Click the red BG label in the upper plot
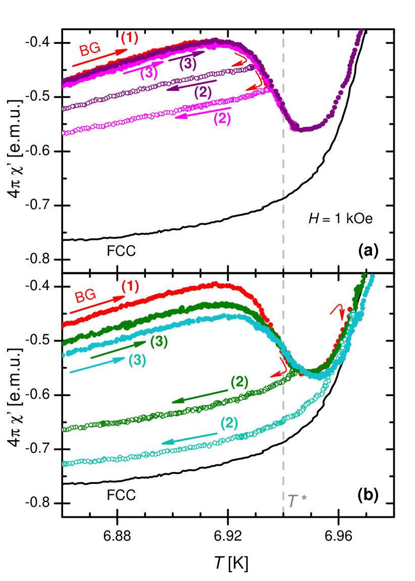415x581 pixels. point(90,49)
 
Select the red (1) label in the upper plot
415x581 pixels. point(129,37)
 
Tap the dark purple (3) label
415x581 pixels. point(188,64)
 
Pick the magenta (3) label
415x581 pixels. point(149,73)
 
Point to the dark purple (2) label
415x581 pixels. point(203,92)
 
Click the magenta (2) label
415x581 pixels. point(222,119)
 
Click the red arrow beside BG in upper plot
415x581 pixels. point(99,59)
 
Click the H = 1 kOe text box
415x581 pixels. point(340,218)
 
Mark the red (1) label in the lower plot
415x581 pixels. point(130,286)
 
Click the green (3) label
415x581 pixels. point(159,342)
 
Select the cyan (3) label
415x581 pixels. point(137,360)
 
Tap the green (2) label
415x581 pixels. point(239,382)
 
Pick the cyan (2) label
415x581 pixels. point(229,423)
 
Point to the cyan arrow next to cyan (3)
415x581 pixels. point(97,365)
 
